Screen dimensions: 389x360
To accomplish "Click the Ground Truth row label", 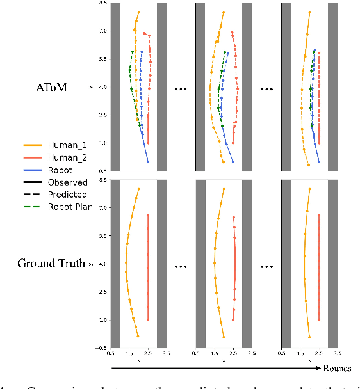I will click(x=51, y=263).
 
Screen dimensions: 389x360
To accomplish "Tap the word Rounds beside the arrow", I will click(x=338, y=369).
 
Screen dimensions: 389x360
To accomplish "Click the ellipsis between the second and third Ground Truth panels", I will click(x=265, y=264).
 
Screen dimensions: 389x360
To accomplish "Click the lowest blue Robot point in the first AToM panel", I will click(x=148, y=162).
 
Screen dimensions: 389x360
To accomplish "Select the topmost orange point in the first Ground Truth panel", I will click(x=138, y=189).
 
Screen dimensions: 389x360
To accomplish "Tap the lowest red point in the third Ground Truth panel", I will click(x=319, y=320).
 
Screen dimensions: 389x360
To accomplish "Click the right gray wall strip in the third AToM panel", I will click(x=333, y=87).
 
